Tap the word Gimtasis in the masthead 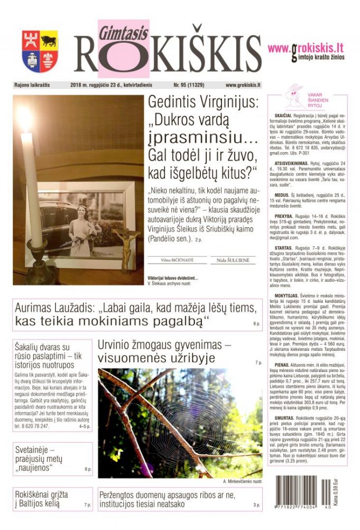tap(116, 32)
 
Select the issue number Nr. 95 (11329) tap(190, 85)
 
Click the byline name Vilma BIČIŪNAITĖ tap(177, 260)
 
